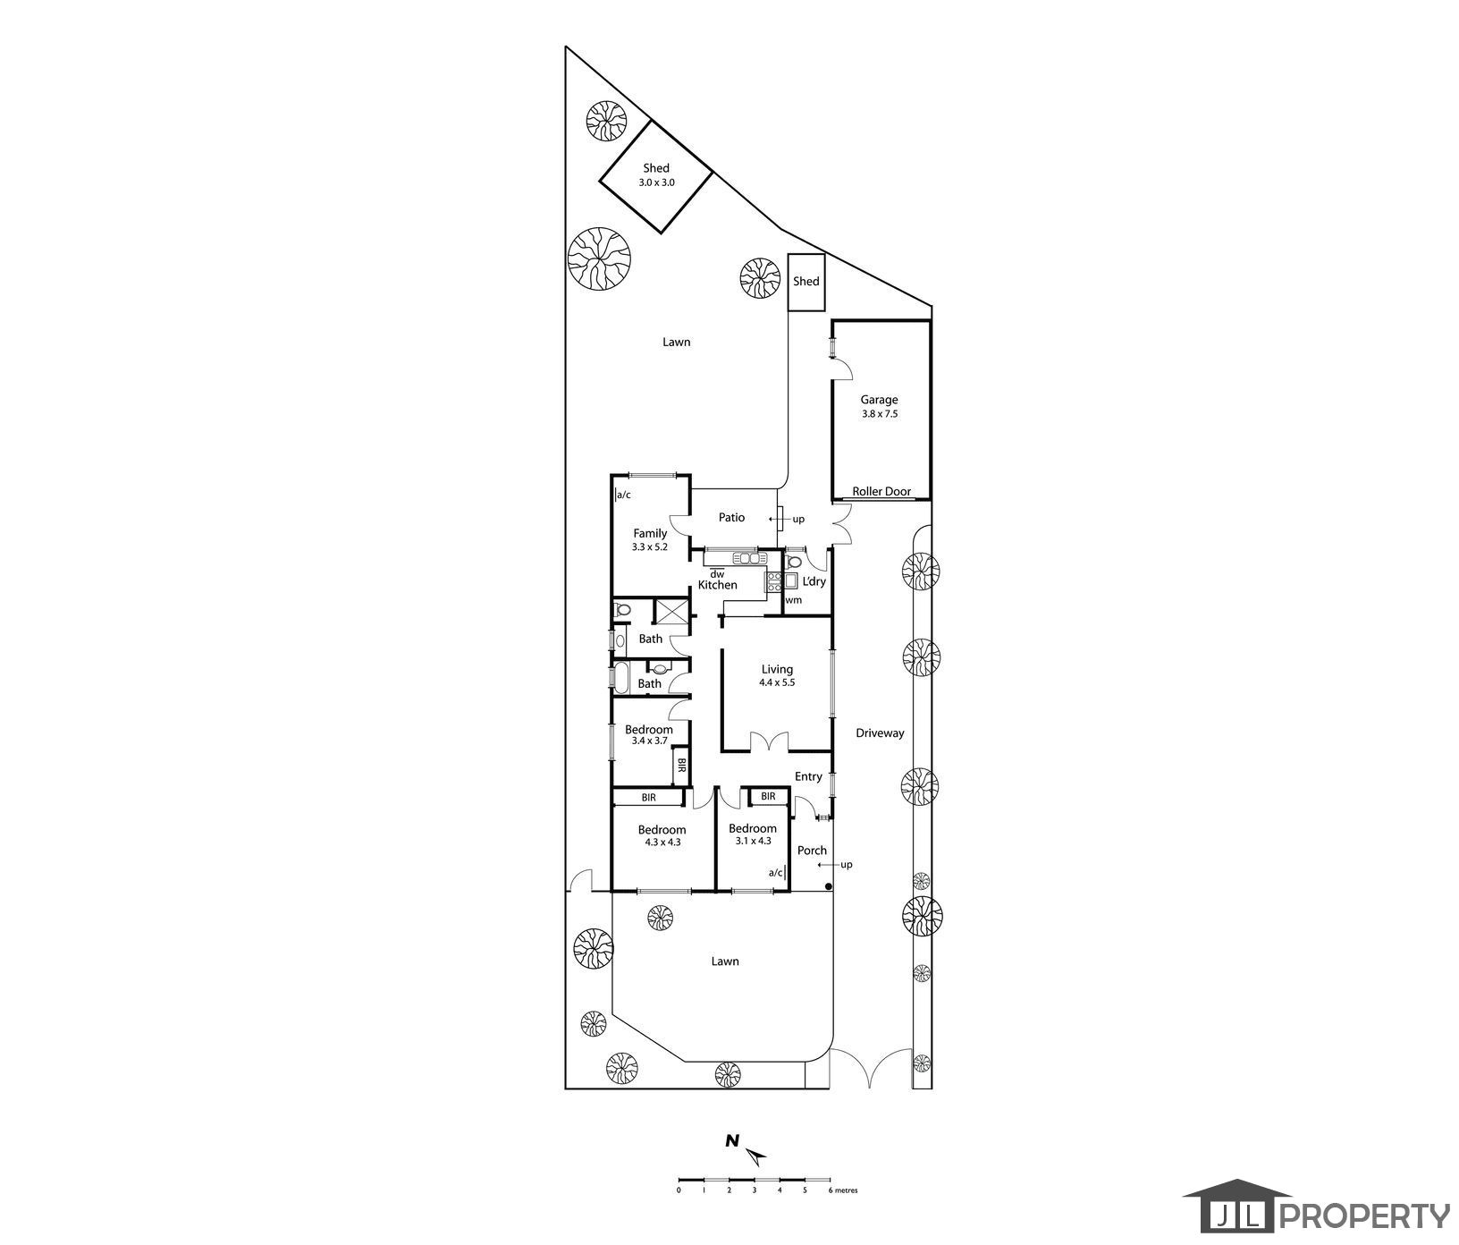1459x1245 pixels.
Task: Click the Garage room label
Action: [x=879, y=406]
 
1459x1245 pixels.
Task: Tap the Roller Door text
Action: [x=881, y=491]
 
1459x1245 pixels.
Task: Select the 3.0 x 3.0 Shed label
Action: [x=656, y=174]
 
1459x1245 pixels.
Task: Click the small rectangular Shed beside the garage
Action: [x=805, y=282]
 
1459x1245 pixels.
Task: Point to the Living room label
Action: [x=777, y=675]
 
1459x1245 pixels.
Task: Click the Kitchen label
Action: [x=718, y=585]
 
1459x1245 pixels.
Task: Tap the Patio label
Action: [x=731, y=517]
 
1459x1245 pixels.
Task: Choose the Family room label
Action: [x=650, y=539]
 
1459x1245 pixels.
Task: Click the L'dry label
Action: [x=814, y=581]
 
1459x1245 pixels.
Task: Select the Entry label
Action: [x=808, y=776]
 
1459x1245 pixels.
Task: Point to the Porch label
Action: [x=812, y=850]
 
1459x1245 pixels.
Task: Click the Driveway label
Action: [x=880, y=733]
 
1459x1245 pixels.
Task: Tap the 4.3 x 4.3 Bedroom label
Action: [x=662, y=835]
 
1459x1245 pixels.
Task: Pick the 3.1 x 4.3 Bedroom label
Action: [x=752, y=834]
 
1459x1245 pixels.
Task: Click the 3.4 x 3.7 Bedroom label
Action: [x=648, y=735]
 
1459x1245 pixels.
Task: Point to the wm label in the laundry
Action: [x=793, y=600]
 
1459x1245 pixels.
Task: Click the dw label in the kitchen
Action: [x=716, y=573]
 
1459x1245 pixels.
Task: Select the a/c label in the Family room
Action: [x=624, y=494]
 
